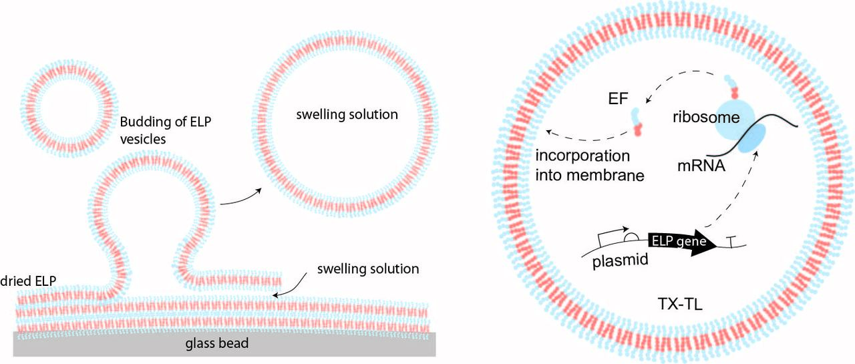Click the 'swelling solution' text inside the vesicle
coord(347,114)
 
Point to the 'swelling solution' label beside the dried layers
coord(368,269)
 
